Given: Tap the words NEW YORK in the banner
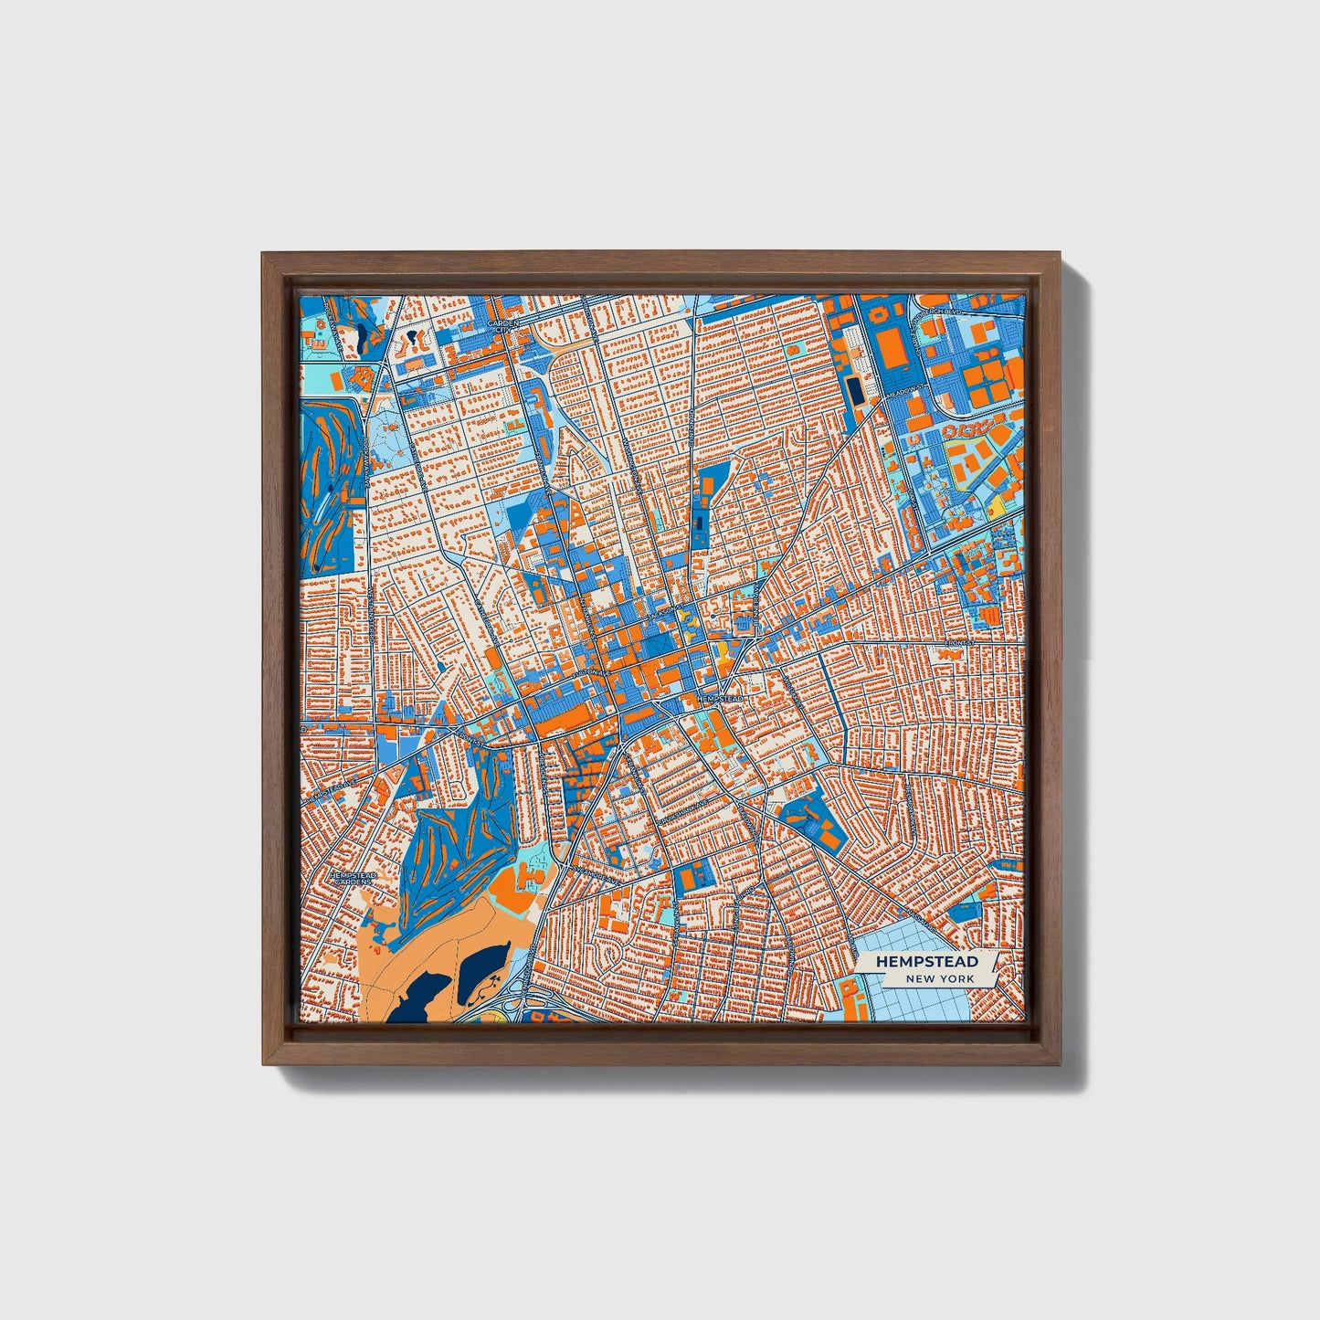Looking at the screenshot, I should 940,978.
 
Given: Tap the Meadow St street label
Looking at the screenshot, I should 907,390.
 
